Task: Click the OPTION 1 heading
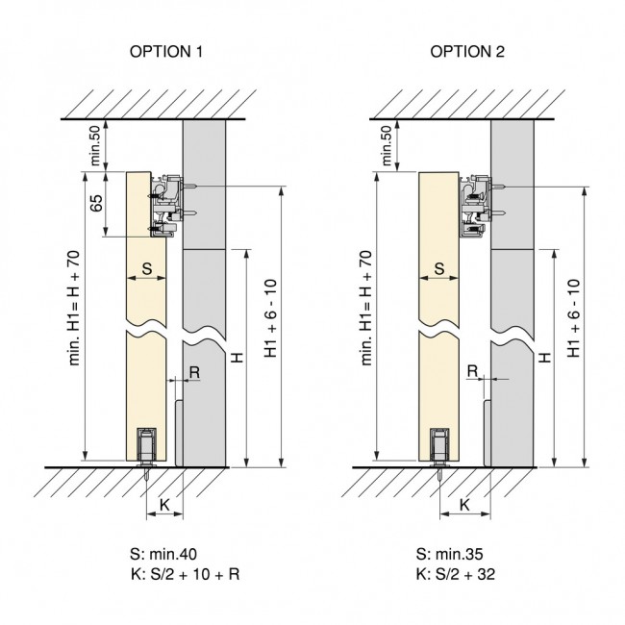(x=165, y=52)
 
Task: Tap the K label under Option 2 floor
(x=464, y=503)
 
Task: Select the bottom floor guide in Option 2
(x=438, y=448)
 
